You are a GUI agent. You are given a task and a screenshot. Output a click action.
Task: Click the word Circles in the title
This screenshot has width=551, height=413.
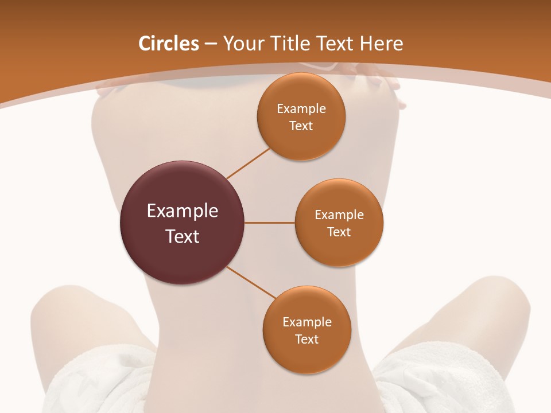click(169, 44)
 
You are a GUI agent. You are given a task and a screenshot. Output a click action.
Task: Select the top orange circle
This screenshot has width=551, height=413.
click(301, 143)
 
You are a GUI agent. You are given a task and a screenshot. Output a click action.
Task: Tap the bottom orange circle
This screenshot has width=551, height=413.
click(306, 356)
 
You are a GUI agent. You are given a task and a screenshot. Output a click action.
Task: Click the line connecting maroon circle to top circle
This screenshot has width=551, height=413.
click(248, 163)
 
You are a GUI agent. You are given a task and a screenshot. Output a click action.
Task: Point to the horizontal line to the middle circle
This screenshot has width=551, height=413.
click(270, 223)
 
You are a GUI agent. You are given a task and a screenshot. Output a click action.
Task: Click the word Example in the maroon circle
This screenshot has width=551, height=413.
click(183, 211)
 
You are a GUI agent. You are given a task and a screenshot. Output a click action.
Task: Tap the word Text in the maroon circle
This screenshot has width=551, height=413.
click(183, 236)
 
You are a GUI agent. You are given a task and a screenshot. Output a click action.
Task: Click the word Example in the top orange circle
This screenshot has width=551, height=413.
click(301, 109)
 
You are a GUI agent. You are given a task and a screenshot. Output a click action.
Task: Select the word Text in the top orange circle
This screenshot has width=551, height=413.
click(301, 126)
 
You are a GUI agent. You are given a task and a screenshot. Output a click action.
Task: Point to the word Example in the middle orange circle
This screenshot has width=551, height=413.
click(339, 215)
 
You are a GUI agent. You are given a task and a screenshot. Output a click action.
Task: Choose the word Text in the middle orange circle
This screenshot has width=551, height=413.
click(339, 232)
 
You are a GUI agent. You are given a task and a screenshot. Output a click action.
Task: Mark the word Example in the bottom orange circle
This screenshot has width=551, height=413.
click(307, 322)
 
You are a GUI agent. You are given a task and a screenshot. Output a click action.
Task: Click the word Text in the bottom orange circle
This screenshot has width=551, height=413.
click(306, 340)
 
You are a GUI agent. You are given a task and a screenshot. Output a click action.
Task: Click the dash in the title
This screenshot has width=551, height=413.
click(211, 44)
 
